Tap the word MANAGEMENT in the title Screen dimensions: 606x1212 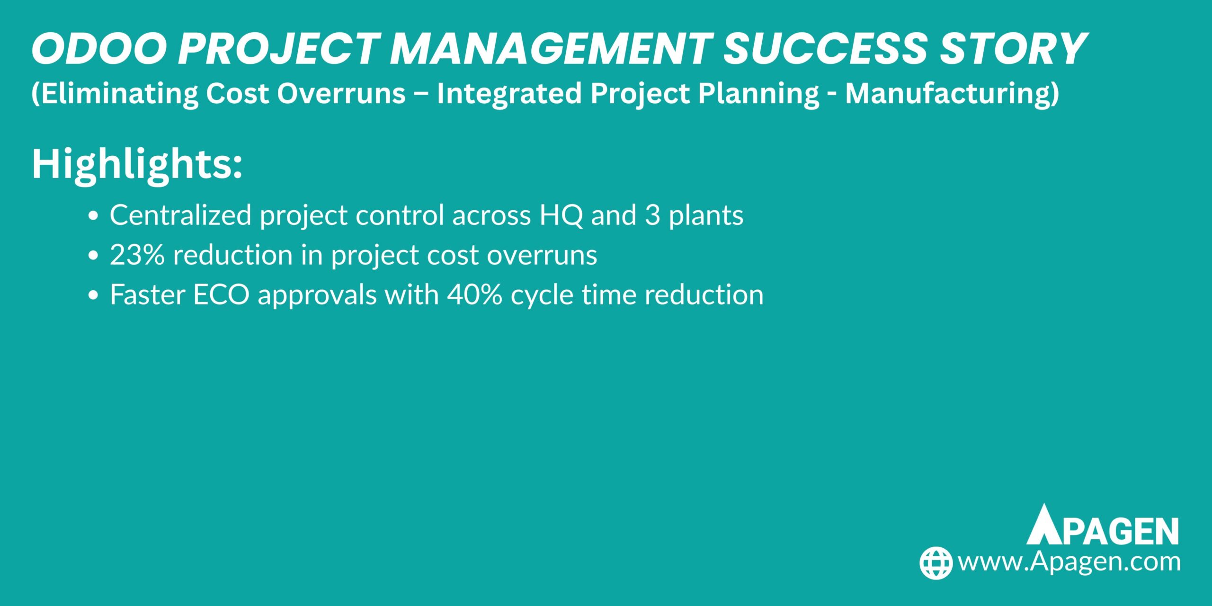[550, 49]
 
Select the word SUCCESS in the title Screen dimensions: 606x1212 [825, 49]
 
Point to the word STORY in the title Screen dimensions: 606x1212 [1013, 49]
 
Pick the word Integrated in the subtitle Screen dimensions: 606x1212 [508, 93]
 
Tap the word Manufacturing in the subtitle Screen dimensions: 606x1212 [952, 93]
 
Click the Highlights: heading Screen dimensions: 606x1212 [137, 164]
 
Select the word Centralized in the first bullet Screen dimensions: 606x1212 [180, 215]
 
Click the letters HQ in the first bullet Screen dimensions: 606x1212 [561, 215]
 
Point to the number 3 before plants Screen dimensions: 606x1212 [652, 215]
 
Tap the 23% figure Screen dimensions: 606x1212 [137, 255]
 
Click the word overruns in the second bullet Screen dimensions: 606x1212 [542, 255]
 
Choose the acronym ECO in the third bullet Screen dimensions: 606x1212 [221, 295]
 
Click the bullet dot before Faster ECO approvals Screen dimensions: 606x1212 [93, 295]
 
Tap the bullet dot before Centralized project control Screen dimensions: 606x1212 [93, 216]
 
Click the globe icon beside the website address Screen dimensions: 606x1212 [936, 563]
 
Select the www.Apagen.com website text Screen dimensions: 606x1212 [1069, 562]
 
